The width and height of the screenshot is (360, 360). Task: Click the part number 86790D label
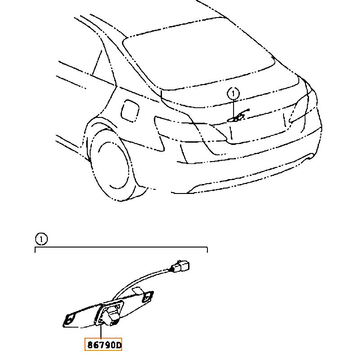coord(103,344)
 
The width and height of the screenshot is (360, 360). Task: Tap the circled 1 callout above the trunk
coord(233,94)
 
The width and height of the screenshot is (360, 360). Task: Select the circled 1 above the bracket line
coord(41,239)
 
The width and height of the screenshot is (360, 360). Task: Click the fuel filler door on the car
coord(130,111)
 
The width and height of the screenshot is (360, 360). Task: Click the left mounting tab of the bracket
coord(69,319)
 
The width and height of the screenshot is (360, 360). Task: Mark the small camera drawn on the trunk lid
coord(238,116)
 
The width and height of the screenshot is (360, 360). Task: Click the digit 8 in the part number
coord(90,345)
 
